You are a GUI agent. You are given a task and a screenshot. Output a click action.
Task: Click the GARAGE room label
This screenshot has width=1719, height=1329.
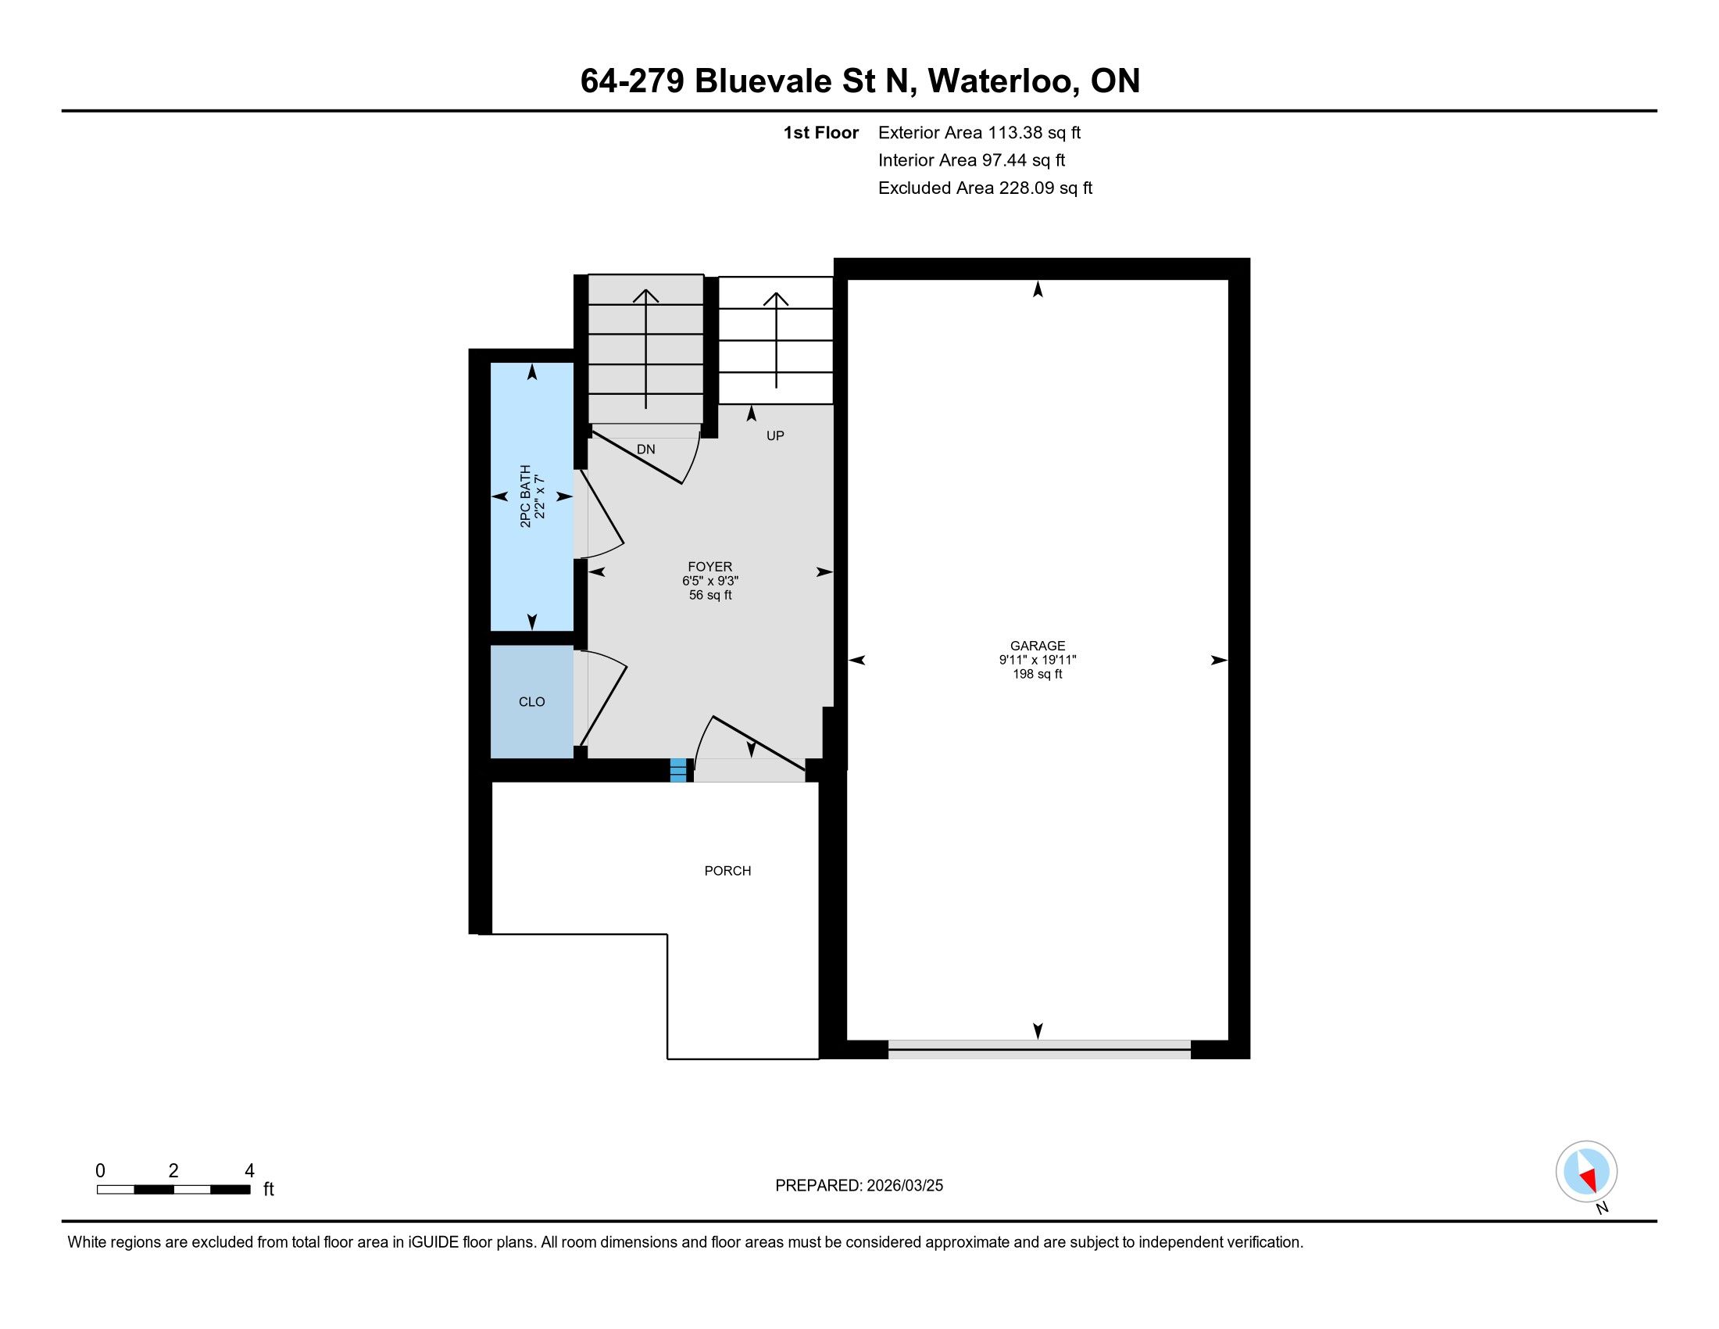tap(1038, 646)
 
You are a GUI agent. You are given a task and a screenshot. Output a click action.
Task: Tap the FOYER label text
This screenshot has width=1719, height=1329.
tap(710, 566)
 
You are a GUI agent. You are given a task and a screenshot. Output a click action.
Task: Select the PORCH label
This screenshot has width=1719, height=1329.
tap(727, 871)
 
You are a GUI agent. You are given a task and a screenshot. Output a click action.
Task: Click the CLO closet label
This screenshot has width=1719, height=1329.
tap(532, 701)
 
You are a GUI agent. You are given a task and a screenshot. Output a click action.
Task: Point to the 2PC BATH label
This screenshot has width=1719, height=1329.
tap(525, 496)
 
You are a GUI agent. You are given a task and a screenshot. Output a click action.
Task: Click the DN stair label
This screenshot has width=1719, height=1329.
tap(645, 450)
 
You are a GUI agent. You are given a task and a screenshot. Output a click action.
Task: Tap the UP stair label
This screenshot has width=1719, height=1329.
tap(775, 435)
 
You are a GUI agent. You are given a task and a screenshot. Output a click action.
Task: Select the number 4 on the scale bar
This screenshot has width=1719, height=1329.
tap(249, 1171)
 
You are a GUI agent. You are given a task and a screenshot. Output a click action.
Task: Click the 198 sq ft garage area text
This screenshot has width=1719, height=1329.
tap(1038, 674)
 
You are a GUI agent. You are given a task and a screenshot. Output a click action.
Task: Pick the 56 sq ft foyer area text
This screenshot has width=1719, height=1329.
tap(710, 595)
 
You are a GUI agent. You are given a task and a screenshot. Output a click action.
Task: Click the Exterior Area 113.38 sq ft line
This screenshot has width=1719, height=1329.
tap(979, 132)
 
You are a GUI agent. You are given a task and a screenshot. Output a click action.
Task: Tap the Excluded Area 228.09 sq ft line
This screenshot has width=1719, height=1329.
tap(985, 188)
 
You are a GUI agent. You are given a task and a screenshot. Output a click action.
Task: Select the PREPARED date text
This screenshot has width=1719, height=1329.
tap(859, 1186)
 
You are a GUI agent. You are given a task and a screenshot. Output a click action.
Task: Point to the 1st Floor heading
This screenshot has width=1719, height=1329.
tap(821, 132)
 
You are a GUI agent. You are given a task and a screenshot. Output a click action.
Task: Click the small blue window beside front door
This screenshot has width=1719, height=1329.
tap(678, 770)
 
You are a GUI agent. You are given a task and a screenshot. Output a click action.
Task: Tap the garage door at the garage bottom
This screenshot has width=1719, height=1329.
tap(1039, 1048)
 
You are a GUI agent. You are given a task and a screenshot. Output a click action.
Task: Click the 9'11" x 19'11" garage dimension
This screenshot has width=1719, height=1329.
tap(1038, 660)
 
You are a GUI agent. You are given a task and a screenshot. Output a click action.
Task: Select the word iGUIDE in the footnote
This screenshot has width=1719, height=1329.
tap(433, 1242)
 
